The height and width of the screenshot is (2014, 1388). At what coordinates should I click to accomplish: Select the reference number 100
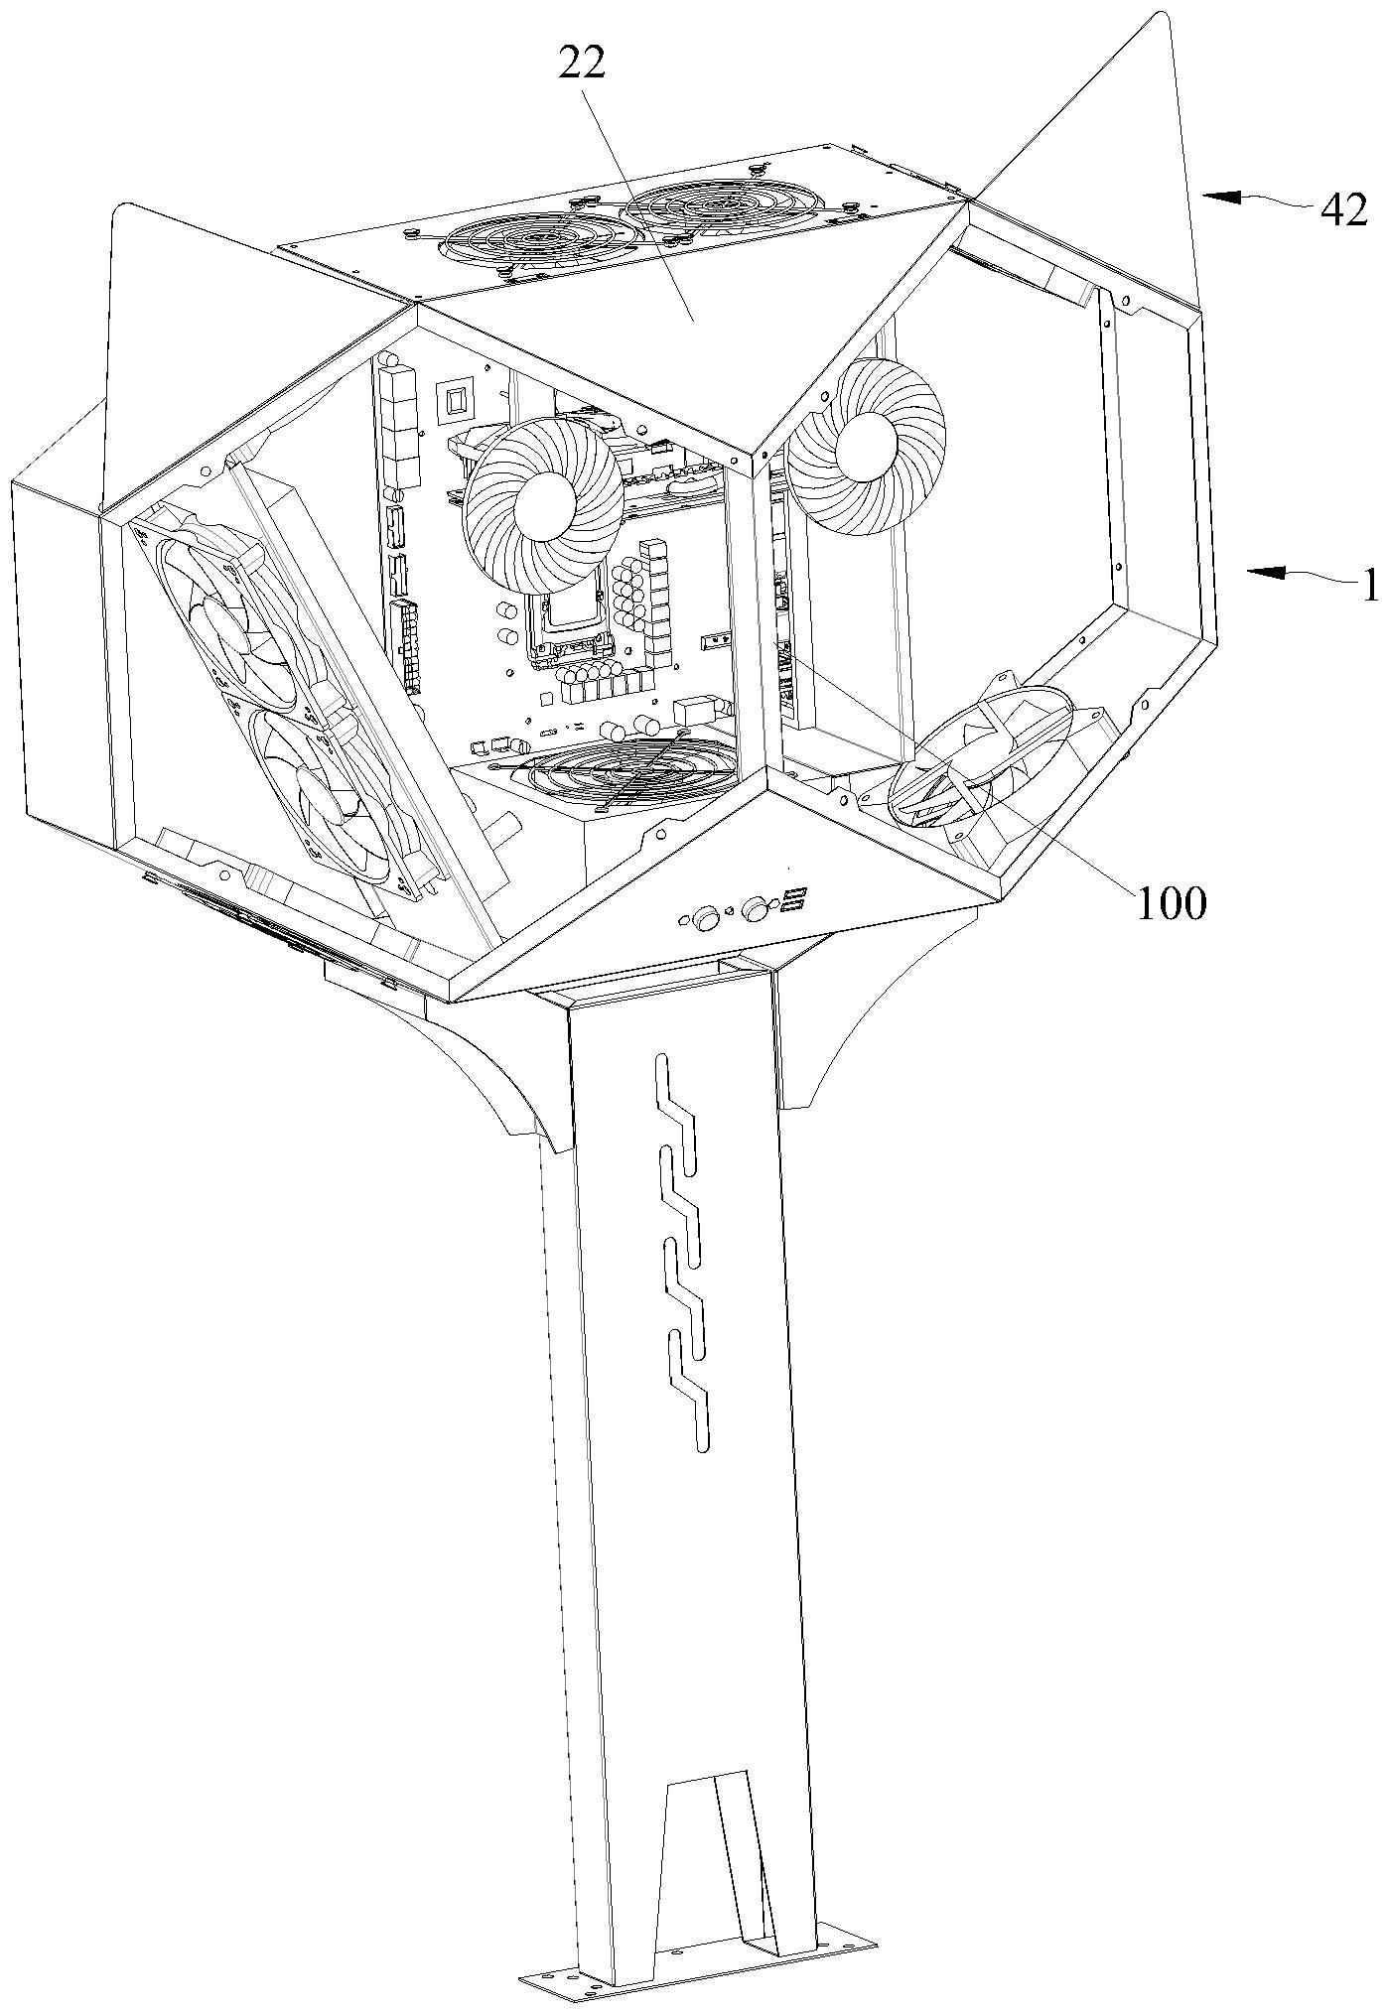[x=1172, y=903]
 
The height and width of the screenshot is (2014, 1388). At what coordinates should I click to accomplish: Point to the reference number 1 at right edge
[x=1371, y=587]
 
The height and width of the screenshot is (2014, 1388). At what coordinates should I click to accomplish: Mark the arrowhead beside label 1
[x=1266, y=572]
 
